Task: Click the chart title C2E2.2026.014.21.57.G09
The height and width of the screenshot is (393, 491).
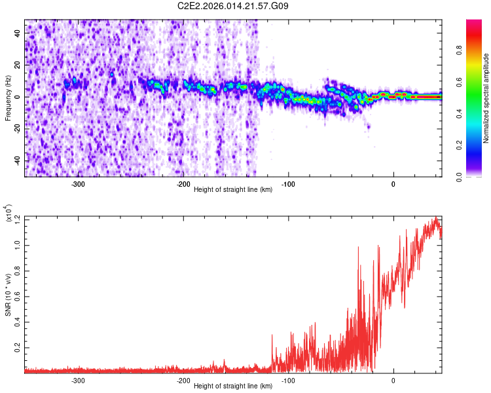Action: coord(234,6)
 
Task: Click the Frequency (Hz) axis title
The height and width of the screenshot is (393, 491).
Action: coord(8,98)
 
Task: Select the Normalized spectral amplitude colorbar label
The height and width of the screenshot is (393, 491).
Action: coord(486,98)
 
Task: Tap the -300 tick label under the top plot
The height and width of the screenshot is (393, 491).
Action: coord(78,184)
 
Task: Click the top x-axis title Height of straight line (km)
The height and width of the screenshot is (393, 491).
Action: coord(234,190)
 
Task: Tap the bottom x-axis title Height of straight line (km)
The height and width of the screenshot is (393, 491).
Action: coord(234,386)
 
